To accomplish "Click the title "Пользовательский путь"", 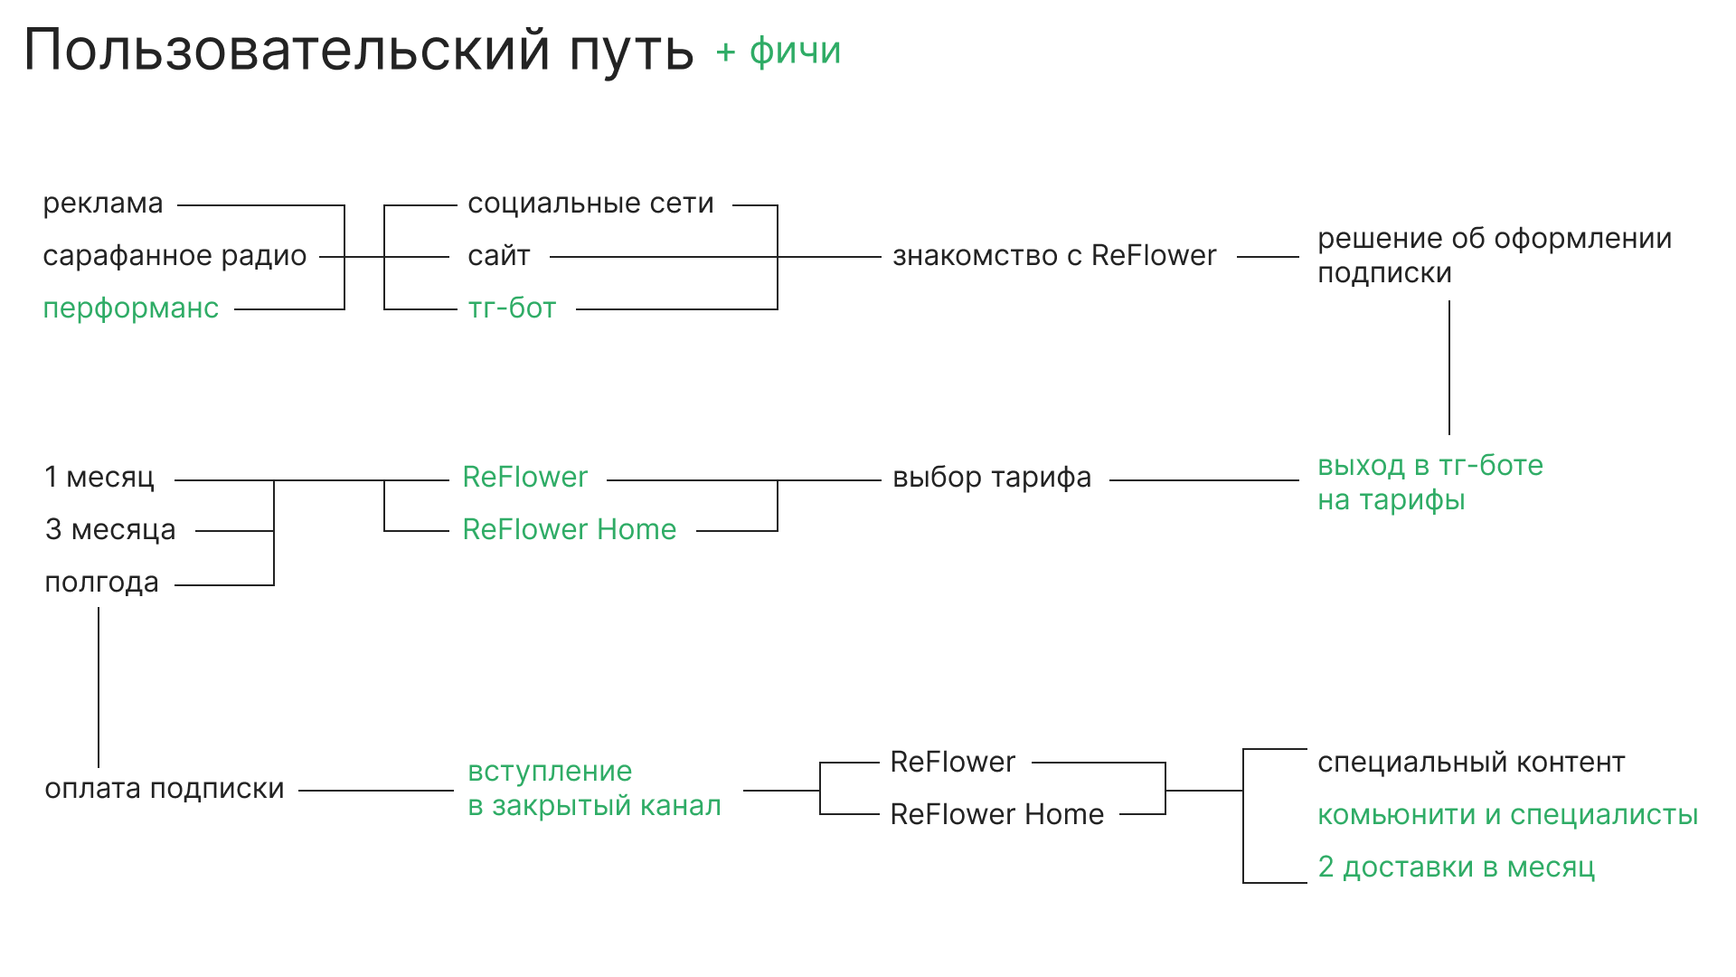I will (358, 50).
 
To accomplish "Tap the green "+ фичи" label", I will (778, 52).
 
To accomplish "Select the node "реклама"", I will (103, 204).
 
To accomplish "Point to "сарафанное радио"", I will (175, 257).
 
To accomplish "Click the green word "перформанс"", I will (131, 308).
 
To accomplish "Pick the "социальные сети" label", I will (590, 204).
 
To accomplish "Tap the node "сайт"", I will (499, 257).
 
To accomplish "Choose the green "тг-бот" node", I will (512, 308).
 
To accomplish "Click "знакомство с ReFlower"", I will (1054, 257).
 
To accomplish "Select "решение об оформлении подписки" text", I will (1494, 256).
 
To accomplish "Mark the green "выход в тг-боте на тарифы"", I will (1429, 483).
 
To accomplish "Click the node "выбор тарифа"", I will (992, 478).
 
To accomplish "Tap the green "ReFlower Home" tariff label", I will (570, 530).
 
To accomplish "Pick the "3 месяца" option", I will (110, 530).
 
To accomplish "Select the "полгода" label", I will (101, 583).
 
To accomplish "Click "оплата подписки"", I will (165, 790).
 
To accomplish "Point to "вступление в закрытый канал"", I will (594, 789).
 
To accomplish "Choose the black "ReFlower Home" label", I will (997, 815).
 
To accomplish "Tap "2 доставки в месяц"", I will (1456, 868).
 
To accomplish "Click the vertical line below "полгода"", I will (99, 688).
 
